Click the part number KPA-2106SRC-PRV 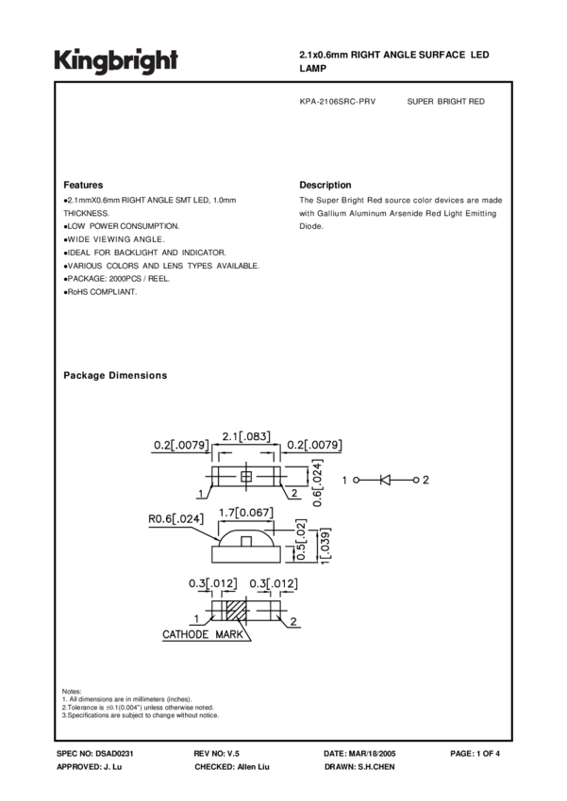pyautogui.click(x=337, y=102)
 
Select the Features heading pyautogui.click(x=83, y=185)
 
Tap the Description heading pyautogui.click(x=325, y=185)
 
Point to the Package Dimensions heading pyautogui.click(x=115, y=375)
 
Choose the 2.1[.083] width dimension pyautogui.click(x=246, y=436)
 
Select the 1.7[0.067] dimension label pyautogui.click(x=247, y=512)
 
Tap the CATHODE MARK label pyautogui.click(x=204, y=635)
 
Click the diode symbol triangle pyautogui.click(x=385, y=480)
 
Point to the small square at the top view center pyautogui.click(x=247, y=478)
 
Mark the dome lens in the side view pyautogui.click(x=246, y=540)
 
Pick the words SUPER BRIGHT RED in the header pyautogui.click(x=445, y=102)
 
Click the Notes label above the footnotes pyautogui.click(x=72, y=691)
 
